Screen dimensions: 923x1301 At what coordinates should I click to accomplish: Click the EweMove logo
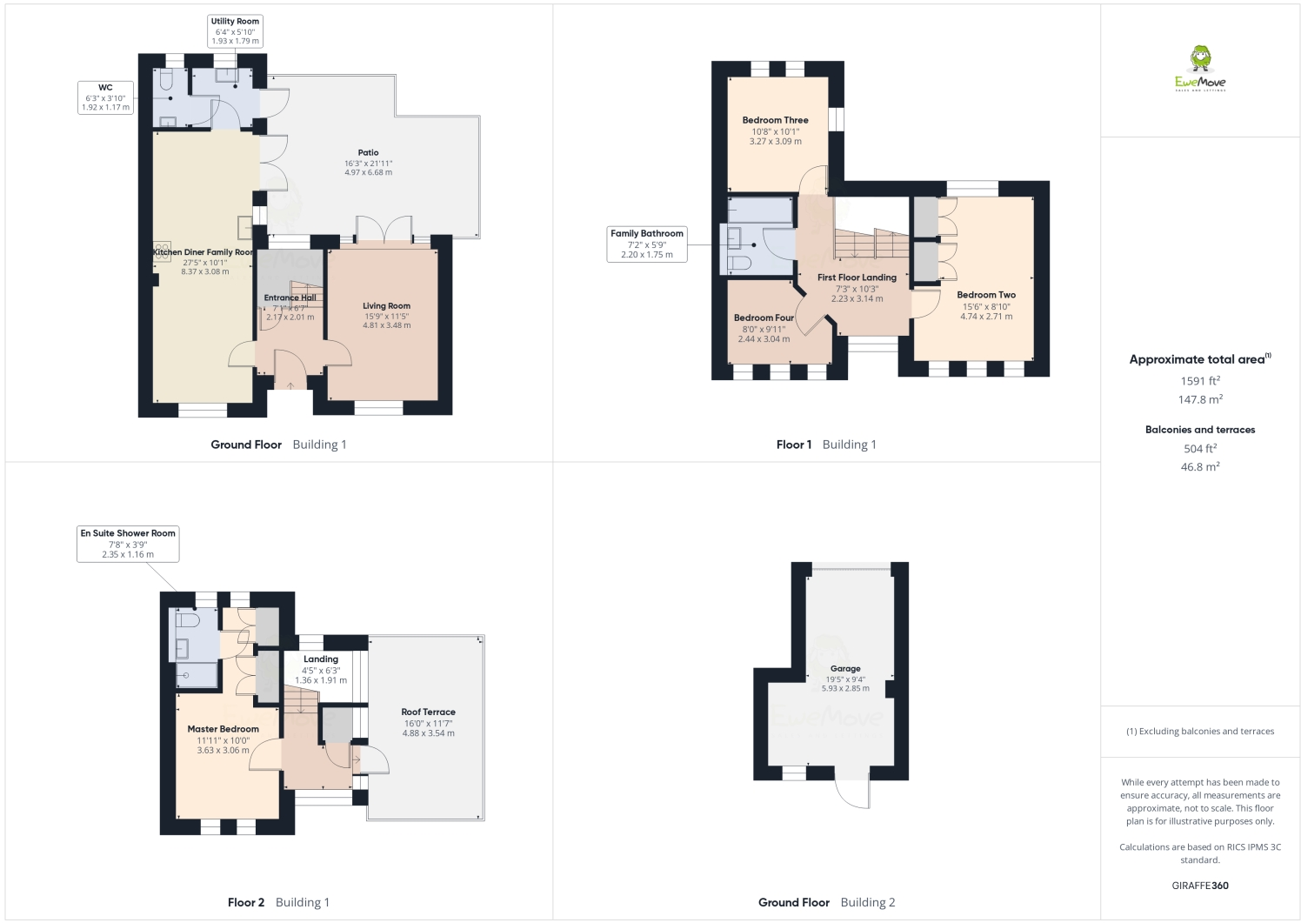(x=1200, y=69)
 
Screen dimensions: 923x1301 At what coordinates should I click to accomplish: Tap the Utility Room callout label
(x=235, y=30)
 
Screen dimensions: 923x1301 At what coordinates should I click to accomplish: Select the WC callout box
(x=105, y=97)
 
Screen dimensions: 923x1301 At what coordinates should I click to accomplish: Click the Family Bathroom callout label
(x=647, y=244)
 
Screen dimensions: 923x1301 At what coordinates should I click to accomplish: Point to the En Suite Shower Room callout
(x=128, y=544)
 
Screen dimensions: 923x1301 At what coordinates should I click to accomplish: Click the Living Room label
(x=386, y=306)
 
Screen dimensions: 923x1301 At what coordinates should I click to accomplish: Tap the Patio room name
(x=368, y=153)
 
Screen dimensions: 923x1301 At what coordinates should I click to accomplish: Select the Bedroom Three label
(x=775, y=121)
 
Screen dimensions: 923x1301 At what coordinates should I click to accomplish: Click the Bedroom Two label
(x=986, y=295)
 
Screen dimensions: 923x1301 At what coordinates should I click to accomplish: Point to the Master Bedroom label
(x=223, y=729)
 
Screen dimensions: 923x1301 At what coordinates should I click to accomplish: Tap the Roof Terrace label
(x=428, y=712)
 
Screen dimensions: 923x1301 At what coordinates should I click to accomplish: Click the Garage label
(x=844, y=669)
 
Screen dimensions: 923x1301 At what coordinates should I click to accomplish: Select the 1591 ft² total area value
(x=1200, y=380)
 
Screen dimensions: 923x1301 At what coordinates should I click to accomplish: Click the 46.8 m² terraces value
(x=1200, y=467)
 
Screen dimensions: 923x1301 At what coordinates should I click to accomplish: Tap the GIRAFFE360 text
(x=1200, y=886)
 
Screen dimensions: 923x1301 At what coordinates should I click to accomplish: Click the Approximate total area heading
(x=1198, y=359)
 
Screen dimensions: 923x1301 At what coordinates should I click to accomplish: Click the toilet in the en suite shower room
(x=186, y=619)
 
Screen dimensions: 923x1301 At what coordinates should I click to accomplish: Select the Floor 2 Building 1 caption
(x=278, y=902)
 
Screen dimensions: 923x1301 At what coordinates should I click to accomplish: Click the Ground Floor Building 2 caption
(x=826, y=902)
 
